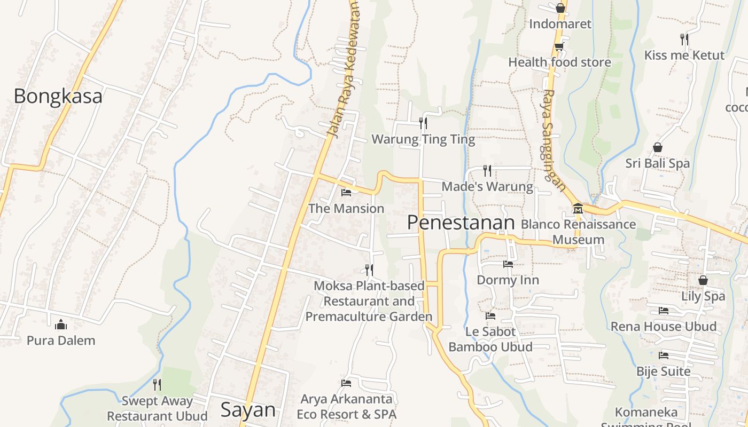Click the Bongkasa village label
coord(58,96)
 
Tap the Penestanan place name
coord(461,223)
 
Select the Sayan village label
coord(248,410)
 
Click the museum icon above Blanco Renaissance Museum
coord(578,208)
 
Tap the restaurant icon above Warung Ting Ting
coord(423,123)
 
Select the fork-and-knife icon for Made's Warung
coord(487,171)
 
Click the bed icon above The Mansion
coord(346,192)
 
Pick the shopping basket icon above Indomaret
coord(560,8)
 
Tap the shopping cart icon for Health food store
coord(559,47)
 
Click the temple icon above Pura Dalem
coord(61,324)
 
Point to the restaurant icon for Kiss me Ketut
coord(684,39)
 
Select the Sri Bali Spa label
coord(658,163)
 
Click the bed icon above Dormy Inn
coord(508,264)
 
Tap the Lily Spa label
coord(703,296)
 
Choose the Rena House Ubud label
coord(664,326)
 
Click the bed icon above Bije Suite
coord(664,355)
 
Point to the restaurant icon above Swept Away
coord(157,384)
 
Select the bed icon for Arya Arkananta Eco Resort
coord(346,383)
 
